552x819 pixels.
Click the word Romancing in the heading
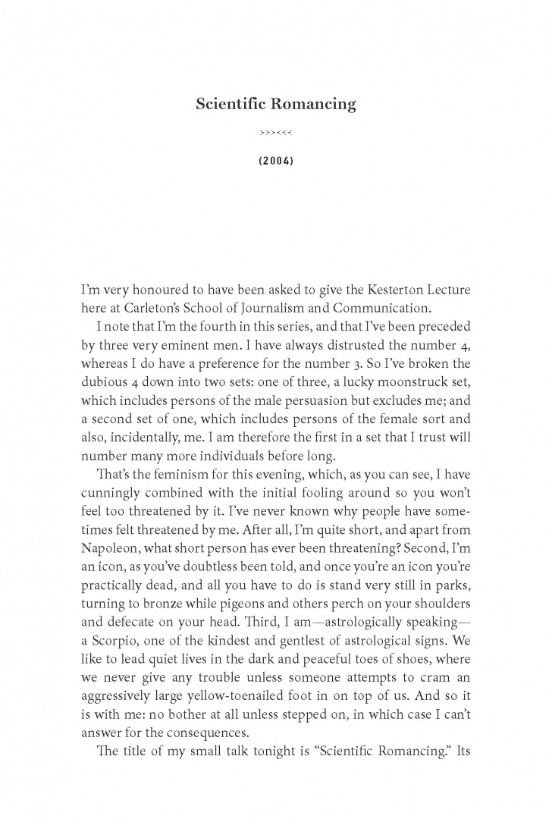tap(315, 105)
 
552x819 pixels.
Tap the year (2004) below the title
tap(275, 162)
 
